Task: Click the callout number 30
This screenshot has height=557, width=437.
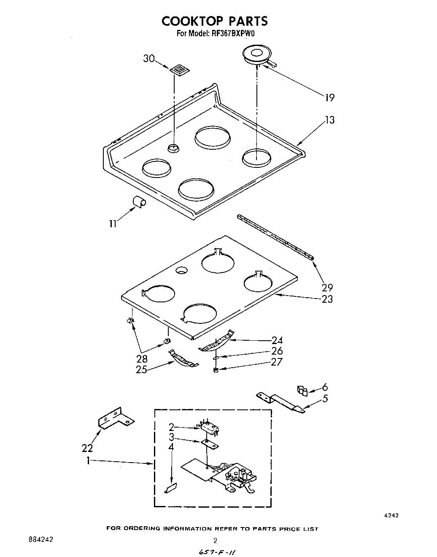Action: pyautogui.click(x=148, y=58)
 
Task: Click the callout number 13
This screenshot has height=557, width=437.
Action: pyautogui.click(x=329, y=120)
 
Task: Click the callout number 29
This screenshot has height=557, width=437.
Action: pyautogui.click(x=327, y=288)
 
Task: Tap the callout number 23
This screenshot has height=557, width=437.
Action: pyautogui.click(x=327, y=299)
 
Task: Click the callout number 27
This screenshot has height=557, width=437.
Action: pyautogui.click(x=276, y=362)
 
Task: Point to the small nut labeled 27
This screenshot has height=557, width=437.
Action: pyautogui.click(x=216, y=370)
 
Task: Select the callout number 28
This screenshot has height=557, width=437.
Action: pyautogui.click(x=142, y=359)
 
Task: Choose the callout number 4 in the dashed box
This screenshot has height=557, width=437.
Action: pyautogui.click(x=171, y=447)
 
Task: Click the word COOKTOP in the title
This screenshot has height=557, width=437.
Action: pyautogui.click(x=192, y=21)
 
